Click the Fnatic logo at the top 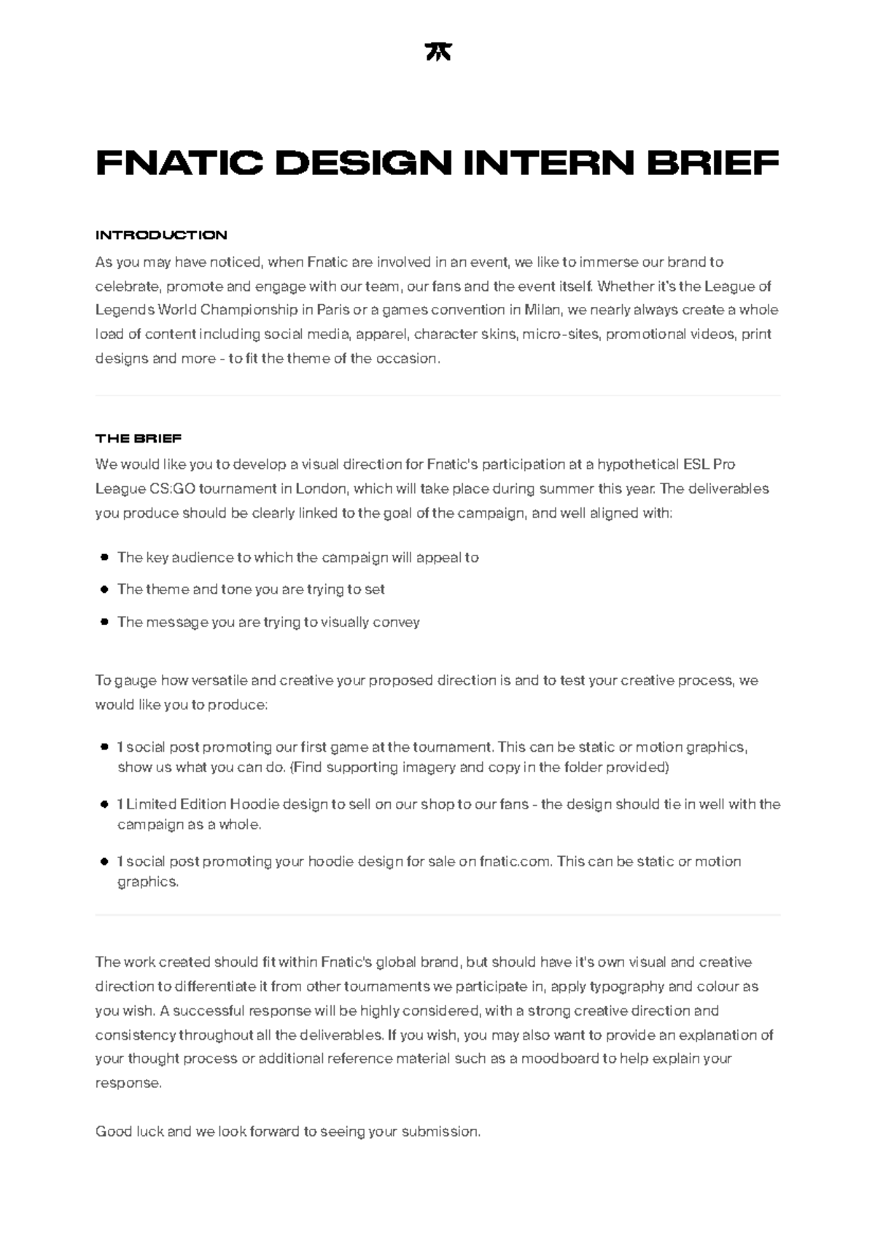tap(437, 52)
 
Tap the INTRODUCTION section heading tap(161, 235)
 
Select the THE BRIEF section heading tap(139, 438)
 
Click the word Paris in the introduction tap(332, 310)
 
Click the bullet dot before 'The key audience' tap(104, 558)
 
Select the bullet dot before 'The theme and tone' tap(104, 589)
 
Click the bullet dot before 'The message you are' tap(104, 622)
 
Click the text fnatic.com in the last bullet tap(515, 862)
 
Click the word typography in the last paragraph tap(626, 986)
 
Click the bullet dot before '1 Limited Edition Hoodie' tap(104, 805)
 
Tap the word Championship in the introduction tap(249, 310)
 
